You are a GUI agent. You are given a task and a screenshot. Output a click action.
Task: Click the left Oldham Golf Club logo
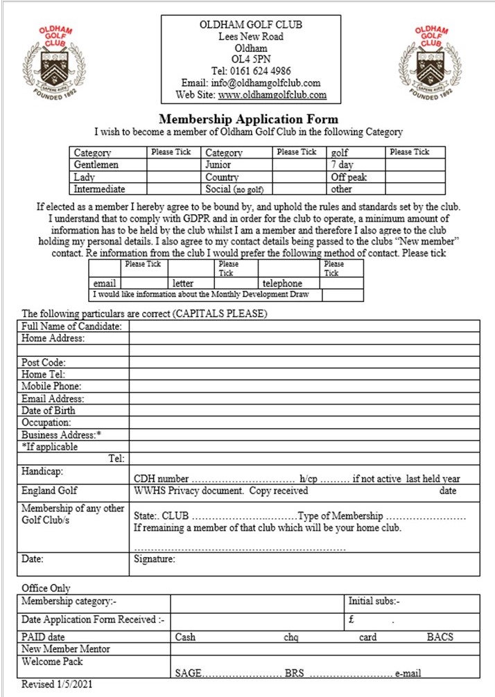pos(55,62)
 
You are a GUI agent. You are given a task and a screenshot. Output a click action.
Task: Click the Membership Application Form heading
pos(249,118)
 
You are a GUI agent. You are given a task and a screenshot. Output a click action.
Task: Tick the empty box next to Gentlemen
pos(173,165)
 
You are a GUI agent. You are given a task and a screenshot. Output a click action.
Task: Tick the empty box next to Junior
pos(299,165)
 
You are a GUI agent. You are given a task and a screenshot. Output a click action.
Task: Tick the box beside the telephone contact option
pos(342,283)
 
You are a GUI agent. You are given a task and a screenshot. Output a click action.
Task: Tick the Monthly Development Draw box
pos(342,294)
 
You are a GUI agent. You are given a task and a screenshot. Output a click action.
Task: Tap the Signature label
pos(155,559)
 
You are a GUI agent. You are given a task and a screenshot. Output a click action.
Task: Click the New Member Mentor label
pos(67,649)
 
